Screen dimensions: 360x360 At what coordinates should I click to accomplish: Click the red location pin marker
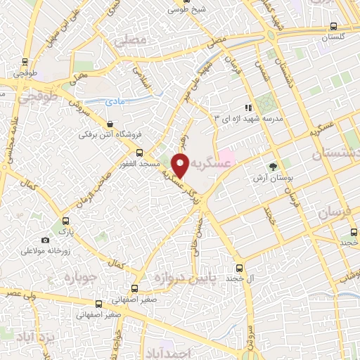click(181, 166)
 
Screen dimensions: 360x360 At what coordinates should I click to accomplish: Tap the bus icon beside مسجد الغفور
click(139, 152)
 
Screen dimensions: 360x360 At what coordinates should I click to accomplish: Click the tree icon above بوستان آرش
click(272, 167)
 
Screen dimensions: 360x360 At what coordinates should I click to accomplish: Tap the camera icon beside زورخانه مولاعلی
click(46, 240)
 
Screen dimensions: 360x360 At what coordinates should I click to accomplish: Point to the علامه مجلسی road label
click(8, 144)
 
